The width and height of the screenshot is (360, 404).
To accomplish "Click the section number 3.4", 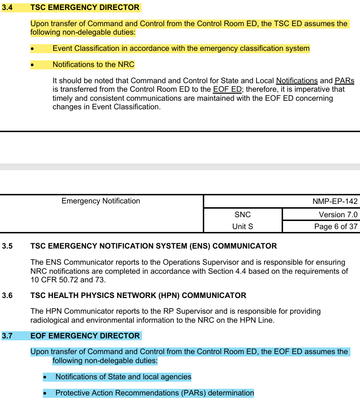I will coord(8,8).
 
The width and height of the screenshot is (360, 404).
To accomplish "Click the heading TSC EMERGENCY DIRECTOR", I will coord(85,8).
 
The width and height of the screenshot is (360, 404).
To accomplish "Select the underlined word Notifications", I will coord(296,81).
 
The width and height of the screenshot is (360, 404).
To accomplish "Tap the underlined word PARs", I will coord(344,81).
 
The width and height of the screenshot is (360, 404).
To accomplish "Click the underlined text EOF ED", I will coord(227,89).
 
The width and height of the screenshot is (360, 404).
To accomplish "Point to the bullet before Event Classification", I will coord(32,49).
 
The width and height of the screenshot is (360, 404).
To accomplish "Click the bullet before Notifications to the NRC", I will coord(32,65).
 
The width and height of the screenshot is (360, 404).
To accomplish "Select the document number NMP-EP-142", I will coord(335,202).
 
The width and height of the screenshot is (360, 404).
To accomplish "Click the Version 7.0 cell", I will coord(338,215).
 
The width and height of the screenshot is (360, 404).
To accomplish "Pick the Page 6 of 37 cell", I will coord(336,227).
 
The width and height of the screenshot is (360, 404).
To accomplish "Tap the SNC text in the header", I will coord(243,215).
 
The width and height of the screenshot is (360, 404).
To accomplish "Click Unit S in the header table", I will coord(243,227).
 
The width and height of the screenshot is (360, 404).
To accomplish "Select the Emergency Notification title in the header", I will coord(101,201).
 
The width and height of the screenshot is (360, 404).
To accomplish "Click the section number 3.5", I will coord(8,246).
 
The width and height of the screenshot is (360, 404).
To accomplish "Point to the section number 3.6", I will coord(8,296).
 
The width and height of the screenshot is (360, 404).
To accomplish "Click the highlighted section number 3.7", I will coord(8,336).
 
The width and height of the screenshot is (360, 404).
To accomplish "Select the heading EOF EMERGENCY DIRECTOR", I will coord(85,336).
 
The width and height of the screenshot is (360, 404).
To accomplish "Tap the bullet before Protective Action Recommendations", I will coord(45,394).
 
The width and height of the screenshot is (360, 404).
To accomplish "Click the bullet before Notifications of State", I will coord(45,377).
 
